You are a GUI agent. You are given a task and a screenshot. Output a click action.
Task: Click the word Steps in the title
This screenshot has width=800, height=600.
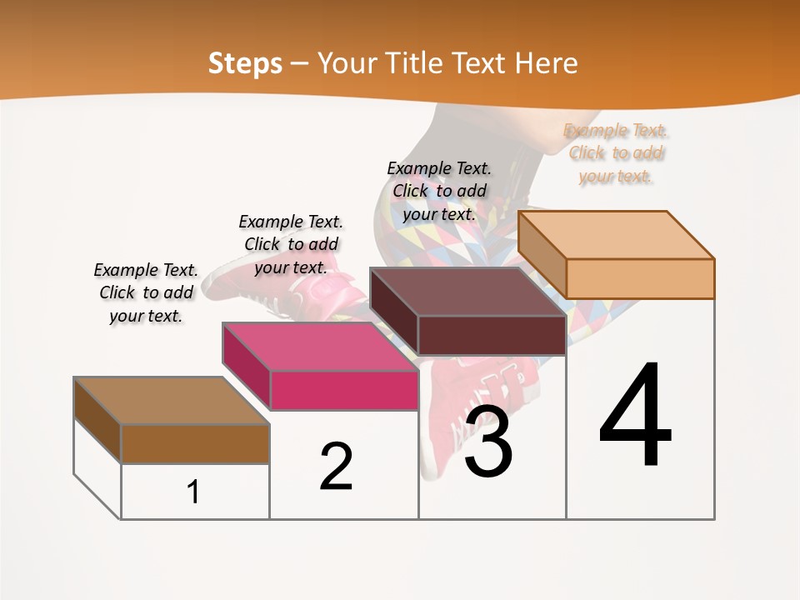245,63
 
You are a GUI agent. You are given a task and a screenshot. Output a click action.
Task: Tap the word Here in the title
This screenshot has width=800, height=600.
546,63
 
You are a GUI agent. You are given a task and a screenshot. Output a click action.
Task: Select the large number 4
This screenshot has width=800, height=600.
635,417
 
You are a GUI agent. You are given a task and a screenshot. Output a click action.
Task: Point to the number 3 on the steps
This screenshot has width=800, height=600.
488,442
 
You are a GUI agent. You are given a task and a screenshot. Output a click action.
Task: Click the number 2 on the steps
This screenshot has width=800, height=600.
336,467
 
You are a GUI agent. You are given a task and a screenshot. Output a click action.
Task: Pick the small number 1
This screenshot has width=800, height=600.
193,492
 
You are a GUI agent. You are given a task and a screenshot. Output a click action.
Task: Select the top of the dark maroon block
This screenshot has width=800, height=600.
467,292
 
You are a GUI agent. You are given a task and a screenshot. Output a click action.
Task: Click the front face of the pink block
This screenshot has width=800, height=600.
344,390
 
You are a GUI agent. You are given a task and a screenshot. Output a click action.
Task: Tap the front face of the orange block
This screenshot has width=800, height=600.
640,278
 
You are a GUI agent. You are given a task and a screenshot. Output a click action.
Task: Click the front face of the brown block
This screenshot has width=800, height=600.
195,443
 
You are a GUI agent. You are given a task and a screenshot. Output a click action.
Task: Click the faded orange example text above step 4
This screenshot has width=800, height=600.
616,153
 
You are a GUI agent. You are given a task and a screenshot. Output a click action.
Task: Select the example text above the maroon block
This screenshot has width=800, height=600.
439,191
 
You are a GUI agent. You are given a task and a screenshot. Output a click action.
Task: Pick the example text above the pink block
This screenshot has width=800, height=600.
291,244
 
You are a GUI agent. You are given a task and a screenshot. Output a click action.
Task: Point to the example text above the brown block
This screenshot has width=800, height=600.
146,292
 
